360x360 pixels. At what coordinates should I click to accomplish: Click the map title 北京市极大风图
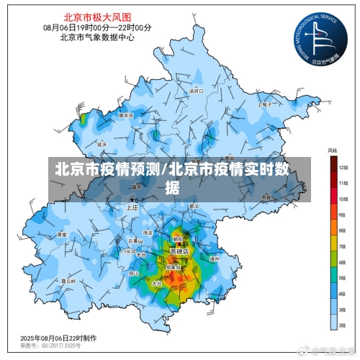coord(97,16)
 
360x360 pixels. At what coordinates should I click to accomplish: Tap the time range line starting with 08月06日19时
coord(97,27)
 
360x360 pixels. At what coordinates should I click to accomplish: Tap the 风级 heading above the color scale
coord(332,150)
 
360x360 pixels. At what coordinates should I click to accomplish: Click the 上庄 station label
coord(132,207)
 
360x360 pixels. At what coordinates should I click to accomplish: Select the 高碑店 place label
coord(179,252)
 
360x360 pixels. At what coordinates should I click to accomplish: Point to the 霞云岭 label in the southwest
coord(68,281)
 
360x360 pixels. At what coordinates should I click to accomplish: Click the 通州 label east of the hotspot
coord(213,258)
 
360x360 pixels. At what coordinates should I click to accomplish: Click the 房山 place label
coord(133,274)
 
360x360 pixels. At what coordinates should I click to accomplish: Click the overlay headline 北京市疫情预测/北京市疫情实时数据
coord(179,179)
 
